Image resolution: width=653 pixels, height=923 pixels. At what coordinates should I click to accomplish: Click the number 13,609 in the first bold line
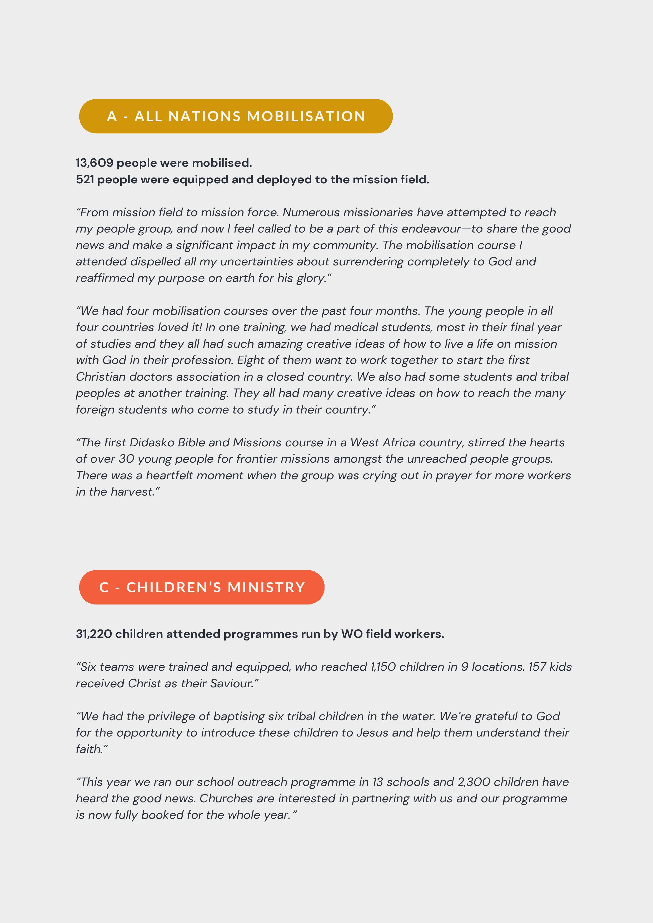point(94,163)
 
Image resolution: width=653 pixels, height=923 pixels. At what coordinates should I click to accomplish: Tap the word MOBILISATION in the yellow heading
point(306,116)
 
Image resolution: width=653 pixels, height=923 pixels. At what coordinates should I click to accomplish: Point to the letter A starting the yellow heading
point(112,116)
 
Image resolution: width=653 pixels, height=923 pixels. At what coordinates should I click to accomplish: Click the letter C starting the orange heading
point(104,587)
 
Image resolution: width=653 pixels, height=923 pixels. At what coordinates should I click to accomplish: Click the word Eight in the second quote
point(249,360)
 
